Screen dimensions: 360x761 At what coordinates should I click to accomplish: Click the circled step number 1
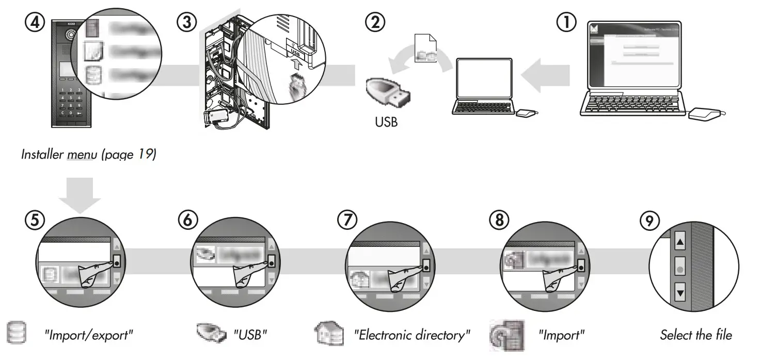(566, 22)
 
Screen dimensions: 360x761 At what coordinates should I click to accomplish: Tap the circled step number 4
(34, 22)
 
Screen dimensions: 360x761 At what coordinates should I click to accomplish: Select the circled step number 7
(347, 220)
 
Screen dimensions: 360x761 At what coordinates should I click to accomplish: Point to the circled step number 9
(649, 221)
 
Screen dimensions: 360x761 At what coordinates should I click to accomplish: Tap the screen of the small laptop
(483, 77)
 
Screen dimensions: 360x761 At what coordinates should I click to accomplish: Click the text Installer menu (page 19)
(88, 154)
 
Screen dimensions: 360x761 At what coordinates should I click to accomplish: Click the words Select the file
(695, 335)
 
